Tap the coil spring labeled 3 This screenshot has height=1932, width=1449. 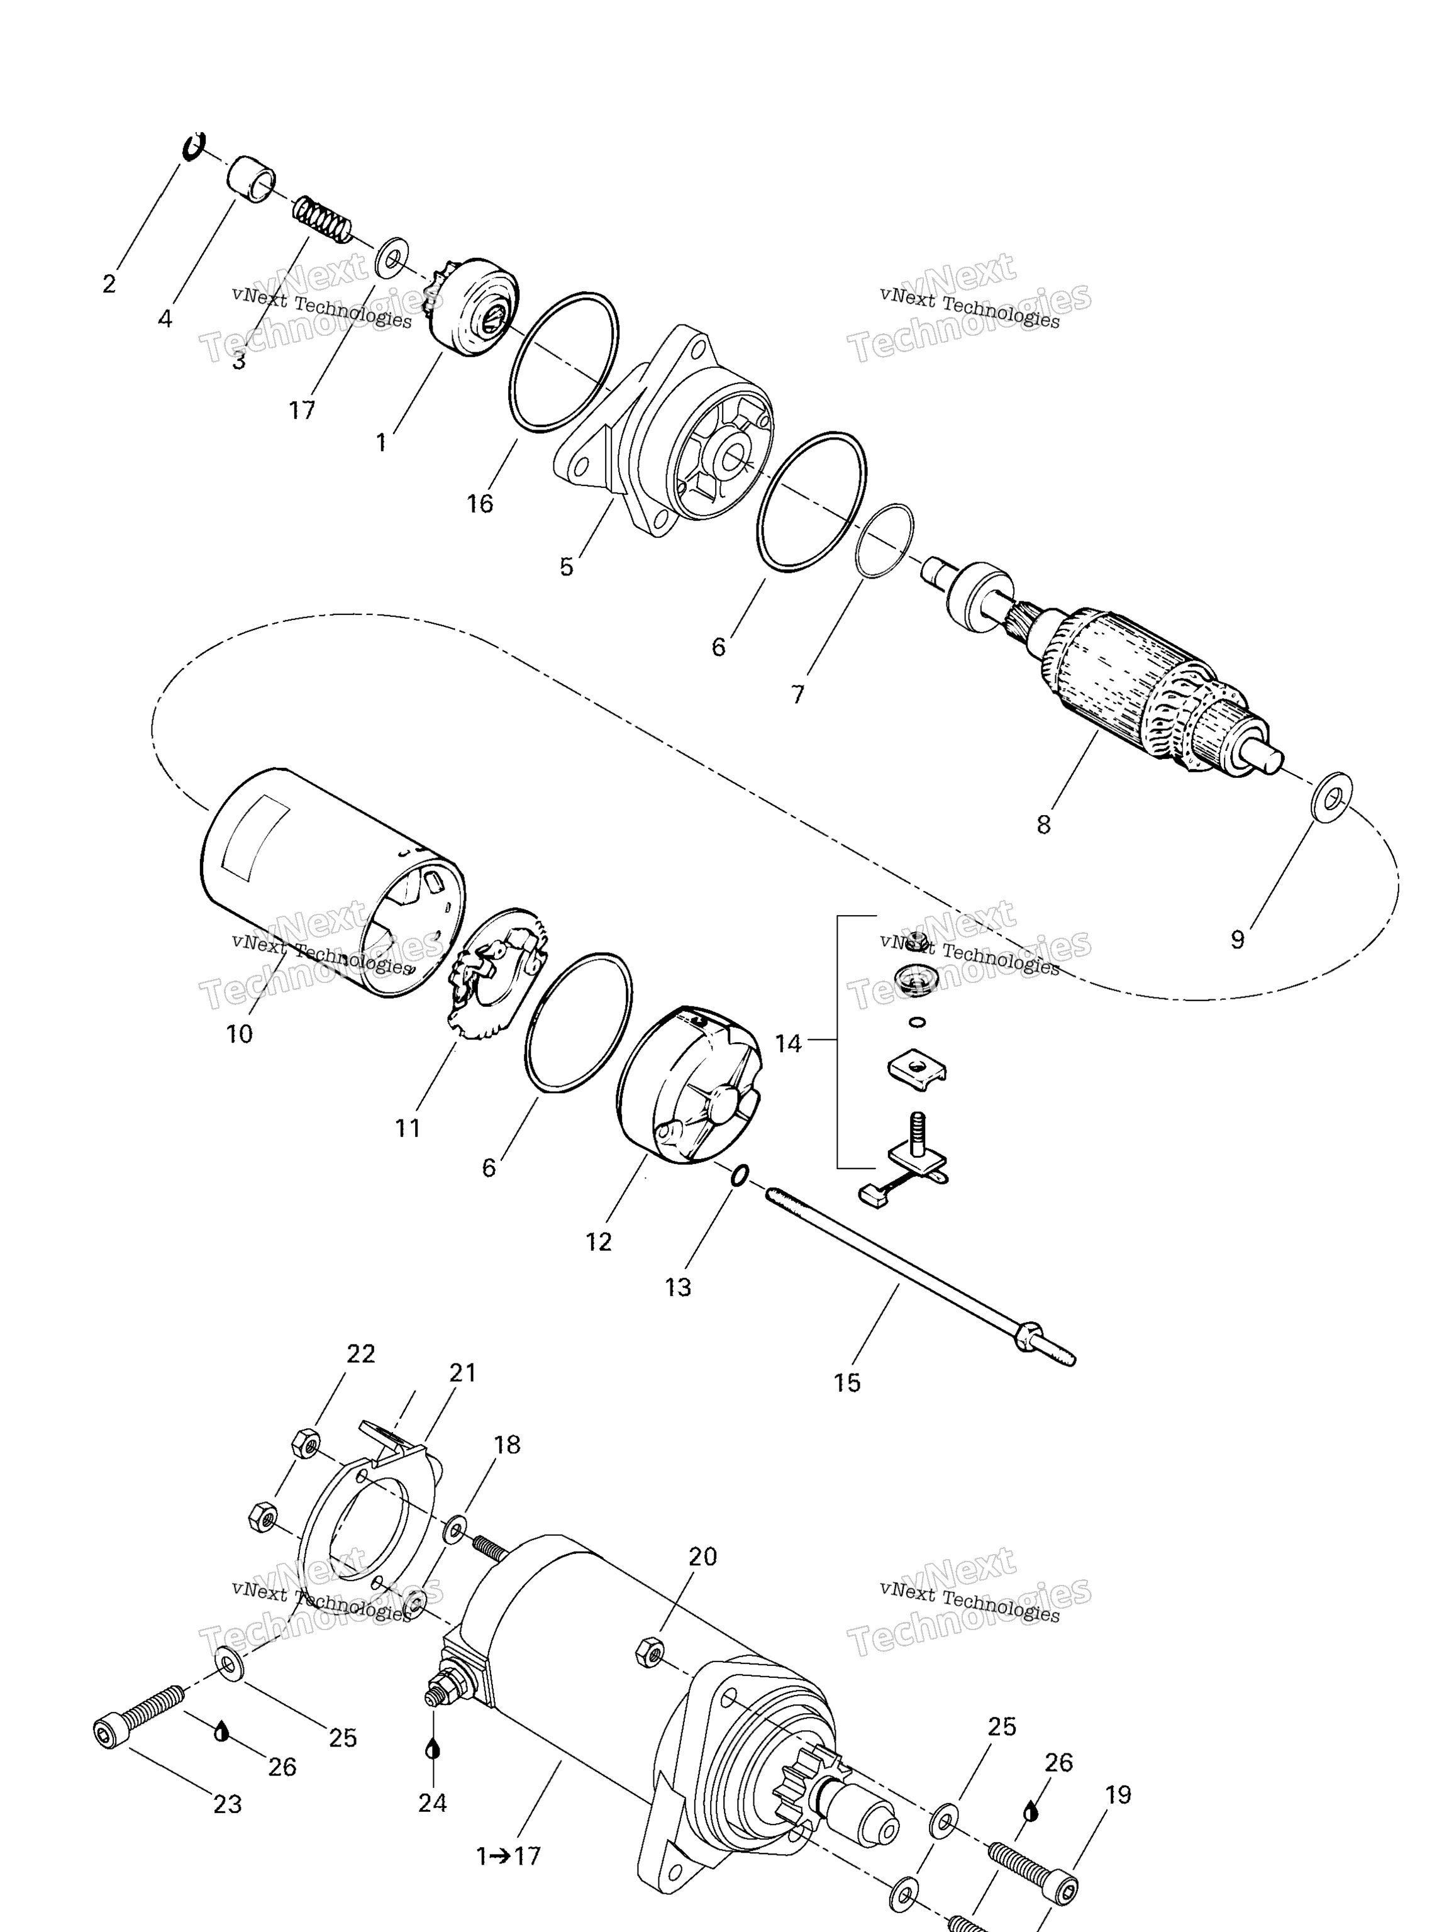(x=321, y=219)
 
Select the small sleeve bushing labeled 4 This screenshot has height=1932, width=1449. (x=252, y=182)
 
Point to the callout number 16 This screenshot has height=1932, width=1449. (x=479, y=504)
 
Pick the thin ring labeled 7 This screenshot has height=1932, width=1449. (x=884, y=541)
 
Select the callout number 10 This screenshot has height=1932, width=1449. (x=240, y=1034)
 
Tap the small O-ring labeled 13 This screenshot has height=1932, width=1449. (x=738, y=1177)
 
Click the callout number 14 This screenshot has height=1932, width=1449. (x=788, y=1044)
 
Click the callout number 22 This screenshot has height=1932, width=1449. (x=361, y=1354)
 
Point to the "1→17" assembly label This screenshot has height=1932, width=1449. (x=508, y=1856)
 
